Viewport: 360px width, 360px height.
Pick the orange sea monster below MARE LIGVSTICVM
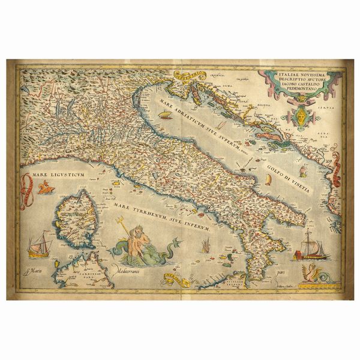43,190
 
